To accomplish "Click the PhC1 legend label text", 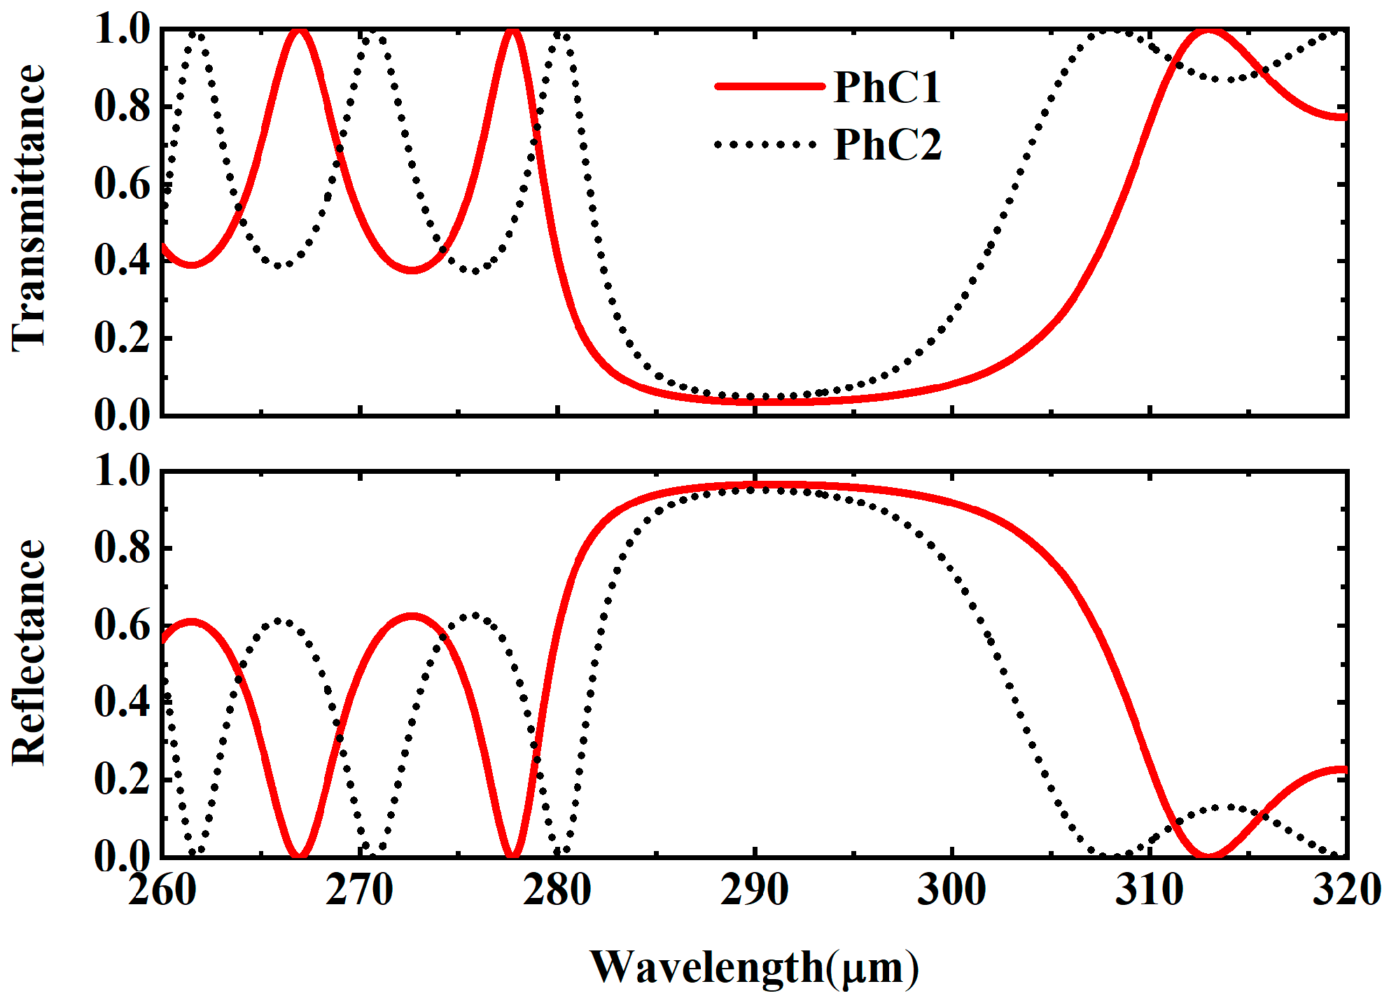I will coord(886,87).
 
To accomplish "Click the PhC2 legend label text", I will coord(888,145).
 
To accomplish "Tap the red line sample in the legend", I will coord(769,86).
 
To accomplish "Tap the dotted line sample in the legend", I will coord(766,144).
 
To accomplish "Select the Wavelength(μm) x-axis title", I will coord(754,968).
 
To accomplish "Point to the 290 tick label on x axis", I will coord(755,891).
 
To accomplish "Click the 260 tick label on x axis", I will coord(162,891).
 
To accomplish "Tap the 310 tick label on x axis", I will coord(1150,891).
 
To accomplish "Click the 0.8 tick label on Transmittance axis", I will coord(123,107).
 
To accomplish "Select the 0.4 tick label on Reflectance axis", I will coord(123,702).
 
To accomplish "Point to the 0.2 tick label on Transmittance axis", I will coord(123,338).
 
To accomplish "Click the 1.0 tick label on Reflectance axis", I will coord(123,470).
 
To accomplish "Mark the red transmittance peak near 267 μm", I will coord(300,31).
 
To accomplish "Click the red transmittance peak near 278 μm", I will coord(512,31).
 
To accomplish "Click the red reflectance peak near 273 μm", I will coord(412,616).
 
